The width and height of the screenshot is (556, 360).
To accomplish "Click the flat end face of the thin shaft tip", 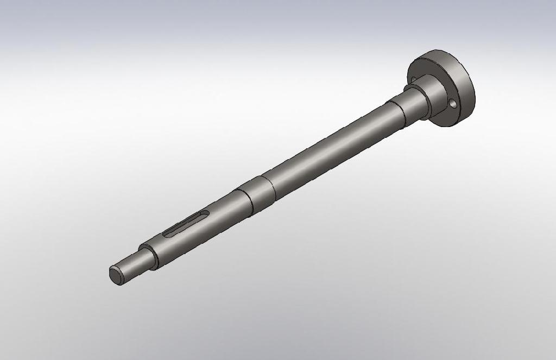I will [x=116, y=275].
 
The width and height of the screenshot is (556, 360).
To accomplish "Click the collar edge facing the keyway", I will [x=244, y=201].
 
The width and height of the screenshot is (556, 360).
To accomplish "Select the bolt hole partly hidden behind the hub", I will [x=414, y=79].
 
